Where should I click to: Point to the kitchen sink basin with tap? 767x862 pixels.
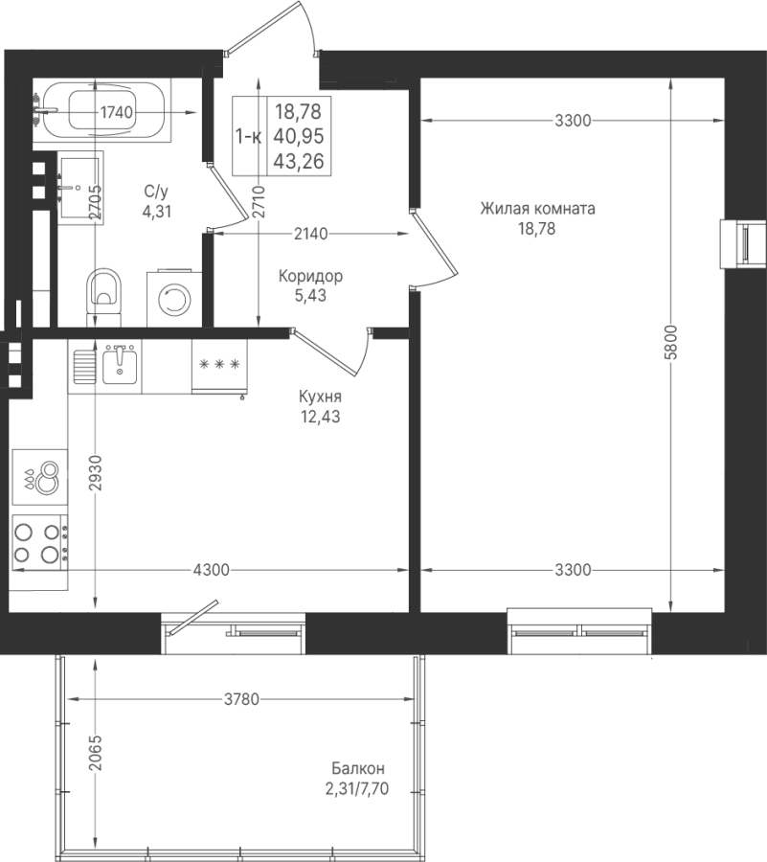point(120,365)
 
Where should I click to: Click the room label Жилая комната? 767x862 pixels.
point(537,209)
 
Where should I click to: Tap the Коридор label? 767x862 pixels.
point(310,276)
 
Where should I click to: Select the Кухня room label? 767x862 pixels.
point(320,397)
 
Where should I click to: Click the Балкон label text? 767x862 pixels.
point(358,768)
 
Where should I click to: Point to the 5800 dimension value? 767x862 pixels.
point(671,343)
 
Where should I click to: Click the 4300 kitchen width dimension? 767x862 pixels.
point(212,570)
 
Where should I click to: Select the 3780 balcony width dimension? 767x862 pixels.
point(241,699)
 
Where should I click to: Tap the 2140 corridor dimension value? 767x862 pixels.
point(310,235)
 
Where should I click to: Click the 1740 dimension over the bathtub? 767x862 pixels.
point(117,112)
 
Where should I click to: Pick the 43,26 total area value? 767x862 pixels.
point(299,161)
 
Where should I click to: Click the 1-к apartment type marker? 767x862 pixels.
point(248,136)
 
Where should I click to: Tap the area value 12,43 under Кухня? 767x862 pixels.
point(321,417)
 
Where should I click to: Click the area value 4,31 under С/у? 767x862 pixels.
point(157,211)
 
